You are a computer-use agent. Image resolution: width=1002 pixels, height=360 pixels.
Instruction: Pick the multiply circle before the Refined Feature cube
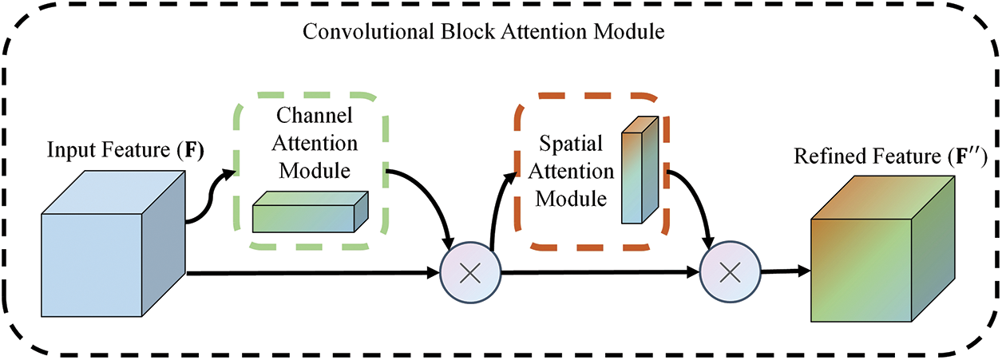(728, 273)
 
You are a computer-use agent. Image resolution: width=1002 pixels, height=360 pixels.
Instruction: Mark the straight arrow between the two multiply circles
(599, 273)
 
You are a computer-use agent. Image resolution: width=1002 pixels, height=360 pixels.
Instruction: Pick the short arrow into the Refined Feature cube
(780, 271)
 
